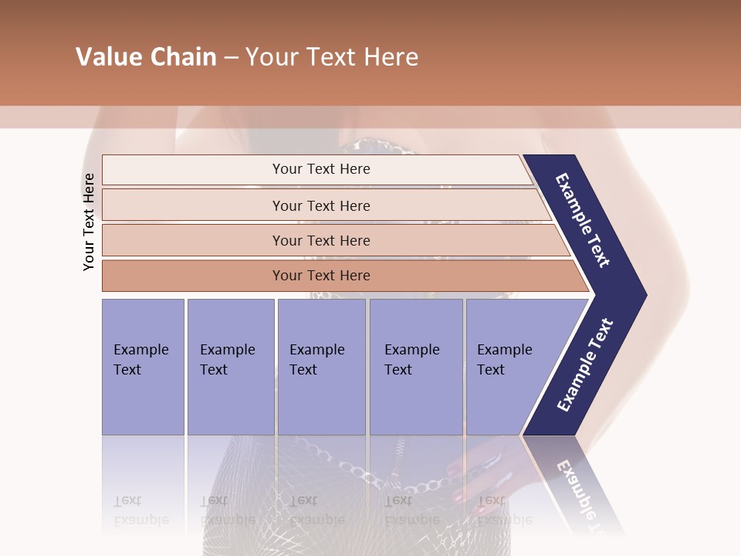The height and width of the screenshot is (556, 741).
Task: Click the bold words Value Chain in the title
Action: pos(146,57)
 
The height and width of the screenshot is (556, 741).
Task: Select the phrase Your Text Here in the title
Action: pos(332,57)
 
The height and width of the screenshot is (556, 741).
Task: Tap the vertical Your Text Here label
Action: pos(89,222)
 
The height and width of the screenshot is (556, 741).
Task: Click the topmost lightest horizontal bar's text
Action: pos(321,169)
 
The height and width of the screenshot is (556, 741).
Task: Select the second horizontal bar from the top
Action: pos(321,205)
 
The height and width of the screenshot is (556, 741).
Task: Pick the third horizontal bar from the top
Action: pos(321,240)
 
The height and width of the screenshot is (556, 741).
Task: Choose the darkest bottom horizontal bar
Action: pos(321,276)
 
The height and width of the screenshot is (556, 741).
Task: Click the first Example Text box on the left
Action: pos(143,367)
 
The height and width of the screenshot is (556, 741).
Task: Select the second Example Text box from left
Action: pos(230,367)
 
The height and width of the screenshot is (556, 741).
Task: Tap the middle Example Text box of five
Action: pos(321,367)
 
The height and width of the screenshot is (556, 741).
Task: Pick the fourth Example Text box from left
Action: pos(415,367)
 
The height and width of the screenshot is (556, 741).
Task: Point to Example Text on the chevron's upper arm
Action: pos(583,220)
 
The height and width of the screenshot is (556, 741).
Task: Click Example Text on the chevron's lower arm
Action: pos(584,365)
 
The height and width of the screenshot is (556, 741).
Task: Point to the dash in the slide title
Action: pos(231,58)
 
